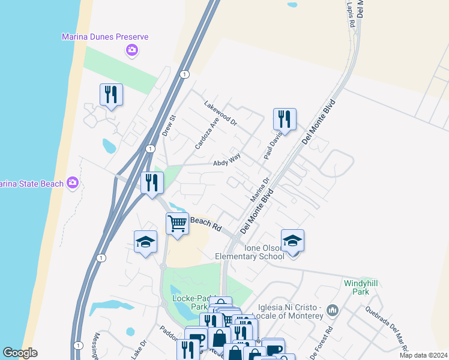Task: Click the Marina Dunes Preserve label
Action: click(105, 37)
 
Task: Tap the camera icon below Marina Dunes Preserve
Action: click(132, 50)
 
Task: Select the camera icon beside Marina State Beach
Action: click(73, 182)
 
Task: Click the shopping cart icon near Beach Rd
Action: click(177, 224)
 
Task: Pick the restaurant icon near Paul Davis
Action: click(285, 119)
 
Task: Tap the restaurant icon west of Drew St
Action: click(111, 95)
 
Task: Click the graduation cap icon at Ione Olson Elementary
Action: click(292, 241)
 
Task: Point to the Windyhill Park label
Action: click(363, 287)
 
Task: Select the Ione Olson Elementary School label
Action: click(250, 252)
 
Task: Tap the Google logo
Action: click(20, 353)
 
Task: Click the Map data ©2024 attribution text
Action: click(423, 355)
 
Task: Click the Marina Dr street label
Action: click(259, 189)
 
